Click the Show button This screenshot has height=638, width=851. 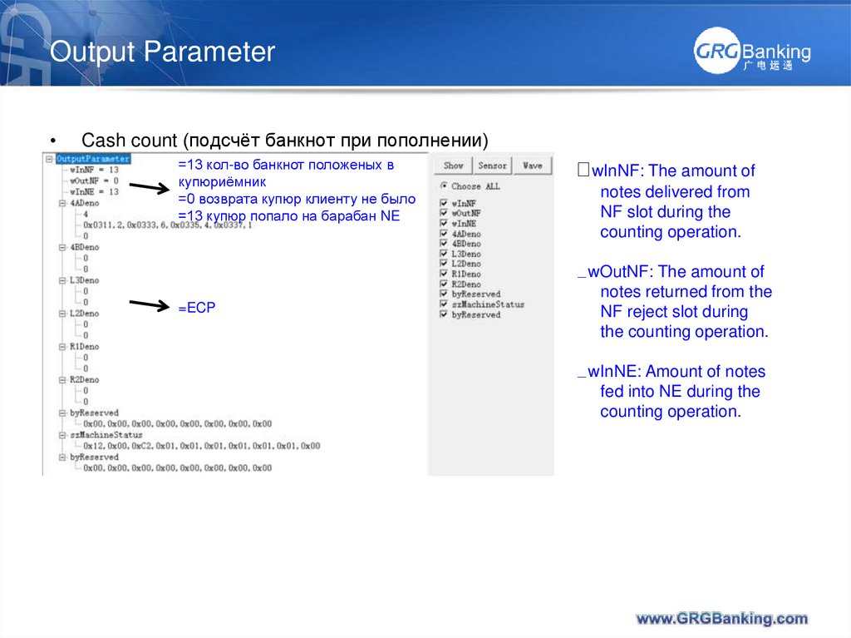454,166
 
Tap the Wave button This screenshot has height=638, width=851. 533,166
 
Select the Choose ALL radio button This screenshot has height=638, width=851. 444,186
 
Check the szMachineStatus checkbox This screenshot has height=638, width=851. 444,304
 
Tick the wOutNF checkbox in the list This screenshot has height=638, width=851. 444,213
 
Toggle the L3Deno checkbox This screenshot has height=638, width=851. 444,254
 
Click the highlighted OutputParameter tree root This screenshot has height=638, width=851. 92,158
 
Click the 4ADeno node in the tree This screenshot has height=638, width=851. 84,202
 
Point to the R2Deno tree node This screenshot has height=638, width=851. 84,379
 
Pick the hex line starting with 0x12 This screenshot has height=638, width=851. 200,446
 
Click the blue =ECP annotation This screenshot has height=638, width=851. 196,308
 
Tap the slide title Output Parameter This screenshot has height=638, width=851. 162,52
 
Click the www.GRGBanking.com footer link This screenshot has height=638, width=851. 721,618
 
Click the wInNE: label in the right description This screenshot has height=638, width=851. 617,372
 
